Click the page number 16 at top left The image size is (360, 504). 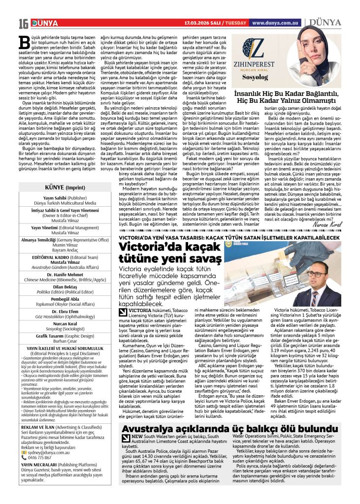click(23, 23)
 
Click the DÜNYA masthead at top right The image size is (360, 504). click(323, 22)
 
